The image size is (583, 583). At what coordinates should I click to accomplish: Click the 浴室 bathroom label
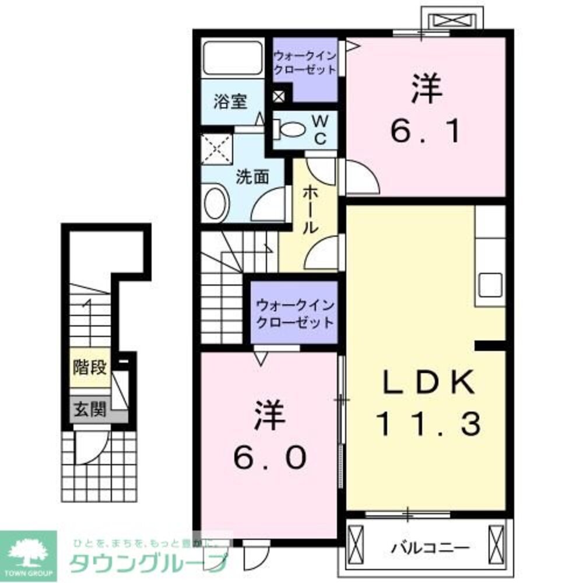pos(230,101)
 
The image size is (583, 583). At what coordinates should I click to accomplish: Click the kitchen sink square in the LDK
pos(490,285)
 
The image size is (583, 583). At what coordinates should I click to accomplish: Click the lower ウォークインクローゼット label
pos(295,313)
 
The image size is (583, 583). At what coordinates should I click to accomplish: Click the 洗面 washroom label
pos(252,177)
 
